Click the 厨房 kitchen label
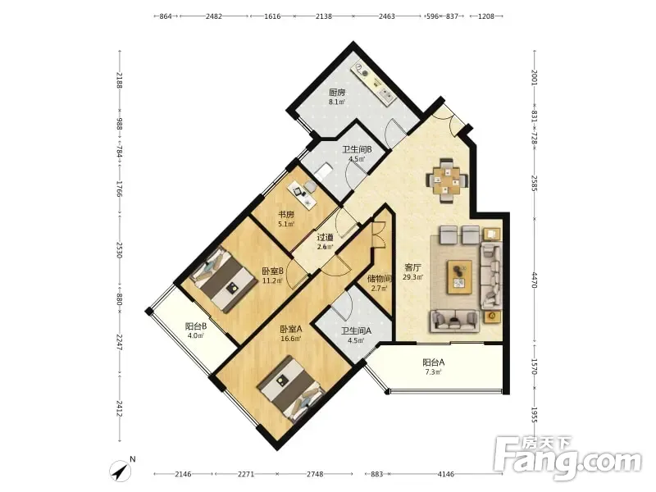pos(337,93)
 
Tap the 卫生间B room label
pos(357,149)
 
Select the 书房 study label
pos(286,215)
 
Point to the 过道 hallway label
pos(325,237)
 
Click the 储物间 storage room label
pos(379,278)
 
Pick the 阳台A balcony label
pos(434,362)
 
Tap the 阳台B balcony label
pos(196,326)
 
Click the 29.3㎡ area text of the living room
pos(412,277)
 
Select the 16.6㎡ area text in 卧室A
pos(291,339)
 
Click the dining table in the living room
pos(447,180)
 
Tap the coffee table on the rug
pos(460,276)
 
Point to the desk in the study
pos(302,192)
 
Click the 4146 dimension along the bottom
pos(445,474)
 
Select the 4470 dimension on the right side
pos(535,280)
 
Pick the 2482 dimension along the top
pos(214,16)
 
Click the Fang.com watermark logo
pos(567,460)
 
